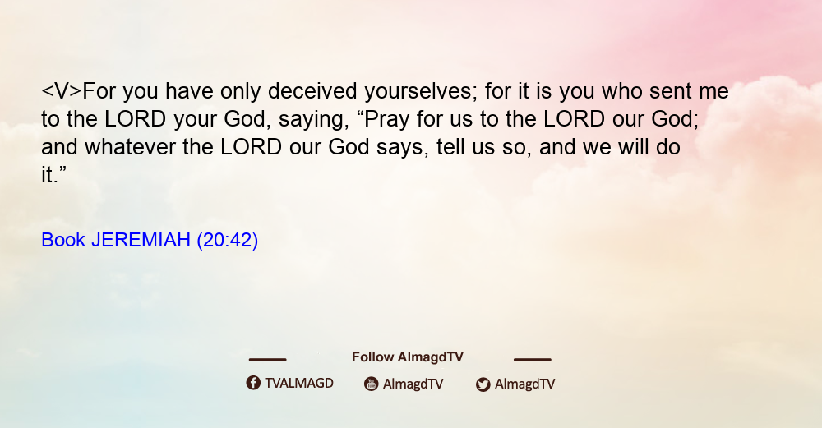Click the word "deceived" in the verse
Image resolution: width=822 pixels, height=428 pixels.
[312, 91]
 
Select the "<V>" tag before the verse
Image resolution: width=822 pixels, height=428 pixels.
[62, 91]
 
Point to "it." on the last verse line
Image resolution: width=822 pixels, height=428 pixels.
[54, 175]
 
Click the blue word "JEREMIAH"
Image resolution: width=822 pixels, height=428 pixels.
[141, 240]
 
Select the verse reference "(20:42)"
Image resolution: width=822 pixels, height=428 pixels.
[228, 241]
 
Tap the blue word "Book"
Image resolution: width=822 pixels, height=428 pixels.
[63, 240]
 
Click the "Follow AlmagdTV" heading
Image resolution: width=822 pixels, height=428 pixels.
[408, 357]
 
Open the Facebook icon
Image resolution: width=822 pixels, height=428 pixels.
[253, 383]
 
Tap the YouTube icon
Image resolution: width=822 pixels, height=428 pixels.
[372, 384]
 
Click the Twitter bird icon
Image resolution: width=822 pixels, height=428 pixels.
[483, 384]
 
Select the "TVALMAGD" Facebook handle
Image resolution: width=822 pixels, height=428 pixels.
[299, 384]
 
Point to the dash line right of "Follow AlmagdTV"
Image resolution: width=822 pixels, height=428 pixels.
[532, 360]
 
